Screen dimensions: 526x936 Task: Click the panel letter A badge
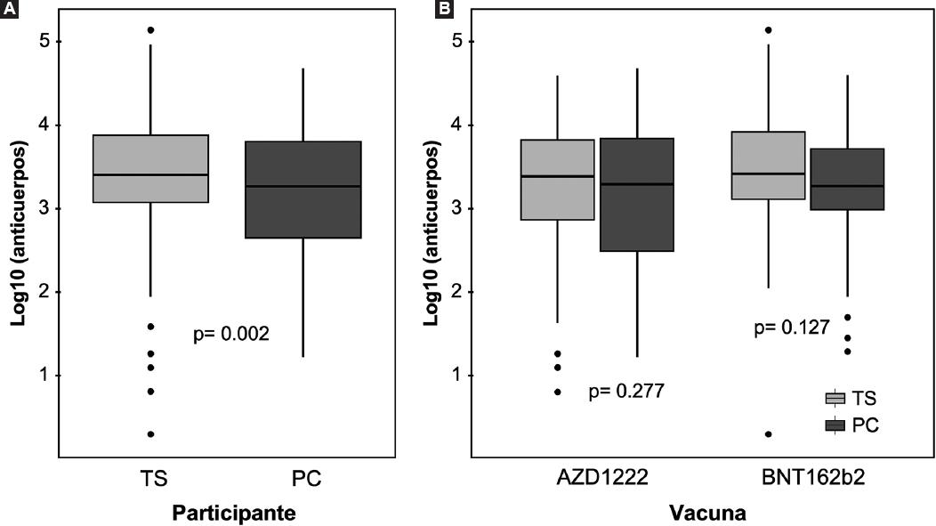click(x=10, y=10)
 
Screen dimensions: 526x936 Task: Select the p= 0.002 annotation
click(x=231, y=335)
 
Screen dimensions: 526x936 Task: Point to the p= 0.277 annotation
click(x=626, y=391)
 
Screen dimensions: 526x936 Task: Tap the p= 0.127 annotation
click(x=792, y=328)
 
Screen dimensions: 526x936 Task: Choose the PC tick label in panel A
click(x=306, y=479)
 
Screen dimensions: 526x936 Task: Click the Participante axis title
click(x=233, y=513)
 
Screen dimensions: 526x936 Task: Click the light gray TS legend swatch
click(x=835, y=398)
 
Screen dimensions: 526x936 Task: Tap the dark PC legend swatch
click(x=835, y=425)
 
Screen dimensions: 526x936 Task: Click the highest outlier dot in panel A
click(x=150, y=30)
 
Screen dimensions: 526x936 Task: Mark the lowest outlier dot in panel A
click(x=150, y=434)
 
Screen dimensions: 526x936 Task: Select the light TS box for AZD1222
click(x=557, y=179)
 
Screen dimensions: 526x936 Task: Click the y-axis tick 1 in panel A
click(x=43, y=376)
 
